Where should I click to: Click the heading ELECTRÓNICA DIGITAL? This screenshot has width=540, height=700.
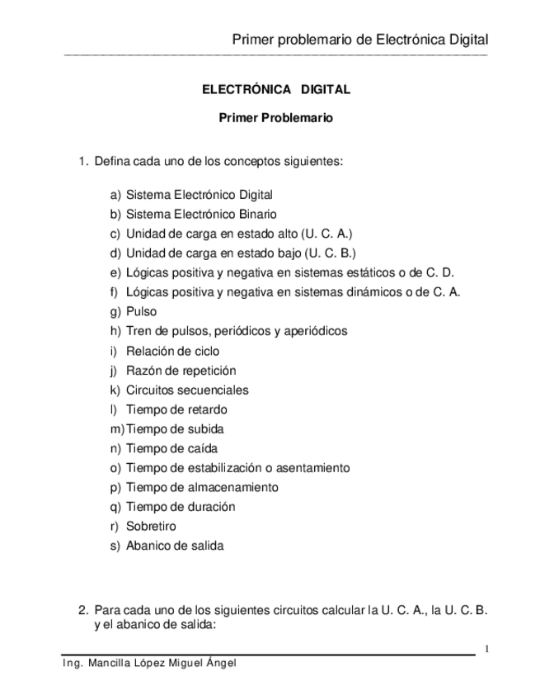(x=275, y=89)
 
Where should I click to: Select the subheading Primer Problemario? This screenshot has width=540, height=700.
(x=275, y=118)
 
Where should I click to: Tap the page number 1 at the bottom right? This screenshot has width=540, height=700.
(x=487, y=649)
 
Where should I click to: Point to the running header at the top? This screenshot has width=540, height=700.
(x=360, y=40)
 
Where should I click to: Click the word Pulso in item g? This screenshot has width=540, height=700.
(x=141, y=311)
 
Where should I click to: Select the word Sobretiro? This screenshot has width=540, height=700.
(x=151, y=526)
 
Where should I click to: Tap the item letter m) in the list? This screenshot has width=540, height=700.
(x=116, y=428)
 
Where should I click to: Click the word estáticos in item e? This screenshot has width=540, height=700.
(x=386, y=272)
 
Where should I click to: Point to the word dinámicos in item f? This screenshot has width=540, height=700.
(x=388, y=291)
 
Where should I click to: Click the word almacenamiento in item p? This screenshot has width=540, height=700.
(x=233, y=487)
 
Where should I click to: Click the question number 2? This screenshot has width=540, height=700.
(x=83, y=611)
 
